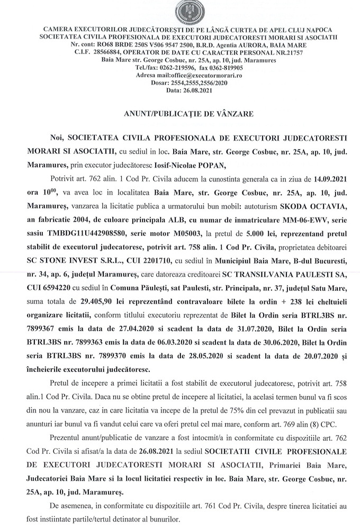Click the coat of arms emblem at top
(180, 12)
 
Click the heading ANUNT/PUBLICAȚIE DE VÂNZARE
(180, 114)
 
